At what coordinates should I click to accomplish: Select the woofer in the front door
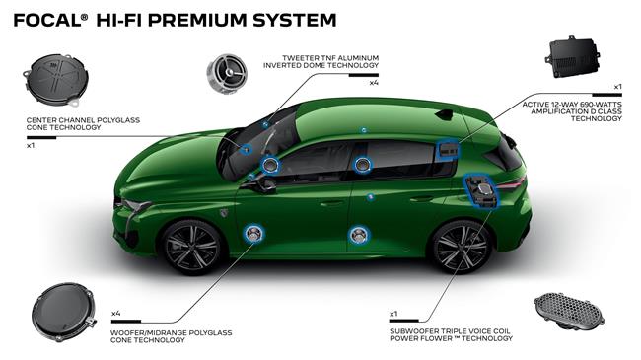pos(253,234)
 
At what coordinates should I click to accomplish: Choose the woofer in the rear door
pos(357,234)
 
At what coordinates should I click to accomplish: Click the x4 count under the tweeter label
pos(374,83)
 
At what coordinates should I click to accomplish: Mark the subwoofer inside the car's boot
pos(482,188)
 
